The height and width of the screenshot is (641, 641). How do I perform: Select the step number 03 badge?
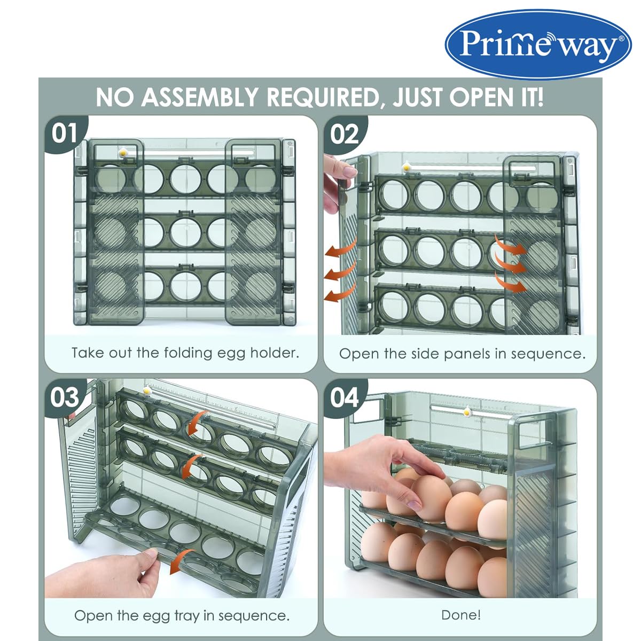pos(65,397)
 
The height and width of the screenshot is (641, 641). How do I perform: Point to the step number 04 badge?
pos(345,397)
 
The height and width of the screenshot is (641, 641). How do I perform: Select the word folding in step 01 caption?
pos(188,353)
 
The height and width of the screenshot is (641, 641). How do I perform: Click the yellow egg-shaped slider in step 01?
pos(124,153)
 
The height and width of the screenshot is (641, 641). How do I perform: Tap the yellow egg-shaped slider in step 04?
pos(468,413)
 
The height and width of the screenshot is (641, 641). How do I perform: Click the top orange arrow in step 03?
pos(199,424)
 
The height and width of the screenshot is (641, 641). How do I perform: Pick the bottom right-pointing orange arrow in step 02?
pos(511,283)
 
